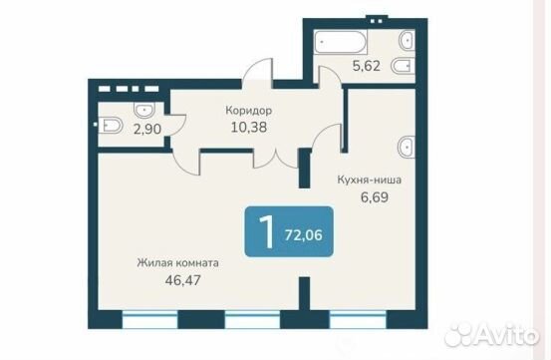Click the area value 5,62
coord(367,66)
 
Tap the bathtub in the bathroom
coord(340,42)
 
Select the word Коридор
coord(249,111)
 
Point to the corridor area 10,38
coord(249,127)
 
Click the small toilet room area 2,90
coord(147,129)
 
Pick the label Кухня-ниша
coord(370,180)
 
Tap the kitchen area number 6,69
coord(375,196)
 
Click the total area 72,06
coord(304,234)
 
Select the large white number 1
coord(267,231)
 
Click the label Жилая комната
coord(177,262)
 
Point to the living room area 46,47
coord(182,280)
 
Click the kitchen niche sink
coord(406,147)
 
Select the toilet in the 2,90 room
coord(110,126)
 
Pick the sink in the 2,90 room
coord(144,110)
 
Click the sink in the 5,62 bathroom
coord(407,41)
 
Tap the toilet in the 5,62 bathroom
coord(403,66)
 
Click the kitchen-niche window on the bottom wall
coord(358,319)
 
